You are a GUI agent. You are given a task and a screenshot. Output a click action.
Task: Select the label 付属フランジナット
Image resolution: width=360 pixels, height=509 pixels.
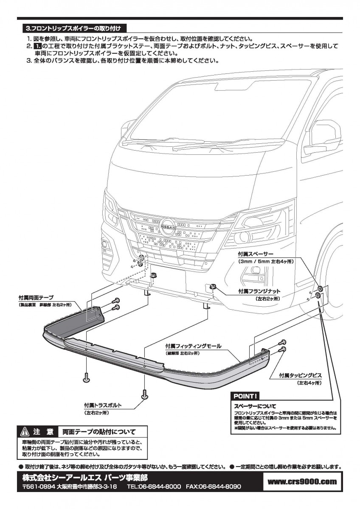pos(259,291)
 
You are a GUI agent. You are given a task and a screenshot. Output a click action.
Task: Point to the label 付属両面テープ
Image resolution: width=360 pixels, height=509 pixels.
pos(36,297)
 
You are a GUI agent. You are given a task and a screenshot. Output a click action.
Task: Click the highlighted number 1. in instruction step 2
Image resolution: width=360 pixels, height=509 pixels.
pos(37,46)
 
